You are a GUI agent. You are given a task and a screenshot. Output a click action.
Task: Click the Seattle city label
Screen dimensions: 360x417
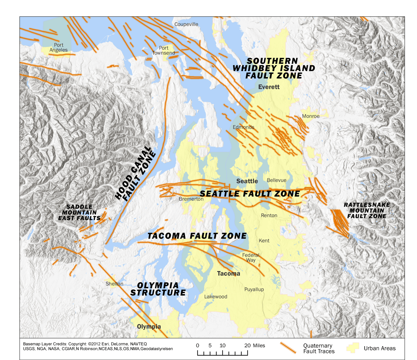pos(247,181)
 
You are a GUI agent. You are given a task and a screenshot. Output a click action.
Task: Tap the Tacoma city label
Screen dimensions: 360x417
pos(228,274)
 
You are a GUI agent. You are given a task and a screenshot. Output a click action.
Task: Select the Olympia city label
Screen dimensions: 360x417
pos(149,327)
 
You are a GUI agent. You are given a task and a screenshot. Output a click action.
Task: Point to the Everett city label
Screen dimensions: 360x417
pos(269,87)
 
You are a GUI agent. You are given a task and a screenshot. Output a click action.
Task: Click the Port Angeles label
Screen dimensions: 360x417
pos(59,48)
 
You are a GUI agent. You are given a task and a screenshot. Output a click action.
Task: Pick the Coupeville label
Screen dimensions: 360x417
pos(186,24)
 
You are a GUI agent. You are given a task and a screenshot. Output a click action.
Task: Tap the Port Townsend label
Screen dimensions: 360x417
pos(164,50)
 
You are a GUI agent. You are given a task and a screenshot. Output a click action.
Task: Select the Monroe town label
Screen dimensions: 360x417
pos(311,116)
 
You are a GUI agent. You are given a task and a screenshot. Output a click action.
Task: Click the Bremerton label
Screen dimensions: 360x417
pos(191,199)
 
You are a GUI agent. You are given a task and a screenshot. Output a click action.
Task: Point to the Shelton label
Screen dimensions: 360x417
pos(115,284)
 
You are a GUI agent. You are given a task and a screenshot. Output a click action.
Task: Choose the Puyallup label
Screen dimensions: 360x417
pos(254,290)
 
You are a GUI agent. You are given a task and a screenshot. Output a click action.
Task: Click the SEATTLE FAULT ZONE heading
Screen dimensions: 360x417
pos(250,194)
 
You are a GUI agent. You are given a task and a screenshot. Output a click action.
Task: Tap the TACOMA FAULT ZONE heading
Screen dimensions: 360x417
pos(197,236)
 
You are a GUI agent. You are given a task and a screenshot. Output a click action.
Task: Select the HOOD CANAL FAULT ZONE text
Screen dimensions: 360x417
pos(135,174)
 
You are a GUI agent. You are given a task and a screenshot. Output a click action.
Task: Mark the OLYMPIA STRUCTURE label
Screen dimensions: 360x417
pos(158,289)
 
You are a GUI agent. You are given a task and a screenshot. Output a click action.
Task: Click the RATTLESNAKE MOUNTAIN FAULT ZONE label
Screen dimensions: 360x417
pos(367,210)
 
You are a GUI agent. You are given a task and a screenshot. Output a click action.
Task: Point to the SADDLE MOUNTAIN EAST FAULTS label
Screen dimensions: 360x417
pos(79,212)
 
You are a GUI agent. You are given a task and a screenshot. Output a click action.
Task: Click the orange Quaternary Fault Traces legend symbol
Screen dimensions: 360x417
pos(288,348)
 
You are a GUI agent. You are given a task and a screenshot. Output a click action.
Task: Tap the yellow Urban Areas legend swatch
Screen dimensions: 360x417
pos(352,348)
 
